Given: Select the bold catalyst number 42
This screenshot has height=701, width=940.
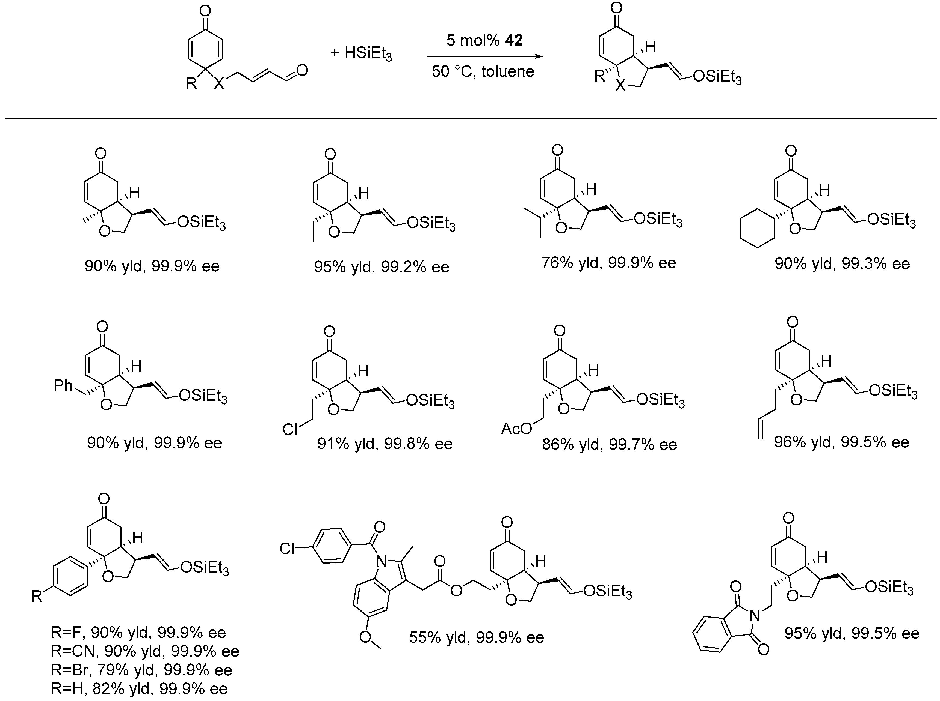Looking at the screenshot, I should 514,40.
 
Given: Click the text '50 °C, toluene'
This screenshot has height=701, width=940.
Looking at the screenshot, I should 483,71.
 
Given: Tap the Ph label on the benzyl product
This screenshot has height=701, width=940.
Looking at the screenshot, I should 63,385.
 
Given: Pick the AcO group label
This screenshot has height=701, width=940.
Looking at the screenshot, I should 516,429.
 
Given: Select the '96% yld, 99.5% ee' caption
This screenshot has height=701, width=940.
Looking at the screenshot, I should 841,442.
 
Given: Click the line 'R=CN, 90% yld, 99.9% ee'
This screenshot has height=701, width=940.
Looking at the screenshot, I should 145,651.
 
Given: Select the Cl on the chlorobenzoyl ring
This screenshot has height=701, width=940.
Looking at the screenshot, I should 287,549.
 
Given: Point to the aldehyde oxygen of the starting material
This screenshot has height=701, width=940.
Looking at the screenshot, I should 302,70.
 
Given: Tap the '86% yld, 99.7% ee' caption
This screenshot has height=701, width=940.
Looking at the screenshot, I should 609,444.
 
